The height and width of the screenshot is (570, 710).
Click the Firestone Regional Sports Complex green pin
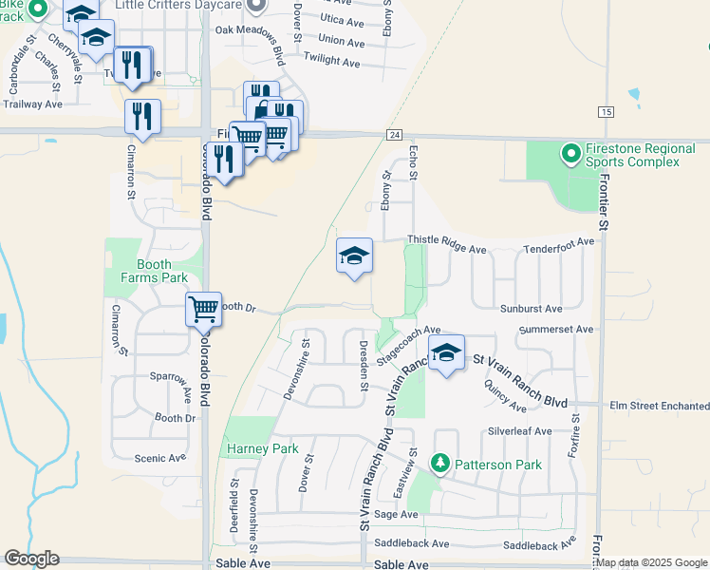pyautogui.click(x=570, y=153)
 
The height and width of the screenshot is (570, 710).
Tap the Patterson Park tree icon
pyautogui.click(x=440, y=464)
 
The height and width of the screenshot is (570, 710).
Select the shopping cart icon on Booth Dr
pyautogui.click(x=203, y=308)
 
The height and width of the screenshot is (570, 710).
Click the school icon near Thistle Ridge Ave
pyautogui.click(x=354, y=255)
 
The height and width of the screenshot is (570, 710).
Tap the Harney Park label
pyautogui.click(x=262, y=448)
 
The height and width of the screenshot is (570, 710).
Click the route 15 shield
pyautogui.click(x=606, y=112)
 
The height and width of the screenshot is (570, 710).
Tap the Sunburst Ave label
pyautogui.click(x=531, y=309)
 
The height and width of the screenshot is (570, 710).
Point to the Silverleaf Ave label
pyautogui.click(x=519, y=430)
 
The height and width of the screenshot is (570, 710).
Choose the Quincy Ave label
pyautogui.click(x=505, y=396)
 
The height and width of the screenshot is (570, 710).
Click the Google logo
pyautogui.click(x=31, y=559)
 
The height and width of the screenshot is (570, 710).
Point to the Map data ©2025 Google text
pyautogui.click(x=652, y=562)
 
